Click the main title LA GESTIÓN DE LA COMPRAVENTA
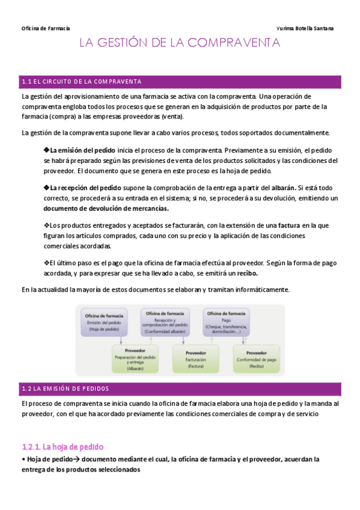180,43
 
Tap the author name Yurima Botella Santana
305,28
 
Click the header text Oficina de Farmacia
46,28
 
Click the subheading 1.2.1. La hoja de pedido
63,446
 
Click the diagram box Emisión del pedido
105,322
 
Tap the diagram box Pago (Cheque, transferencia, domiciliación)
225,322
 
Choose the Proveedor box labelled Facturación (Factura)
196,358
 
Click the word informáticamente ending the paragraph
263,289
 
